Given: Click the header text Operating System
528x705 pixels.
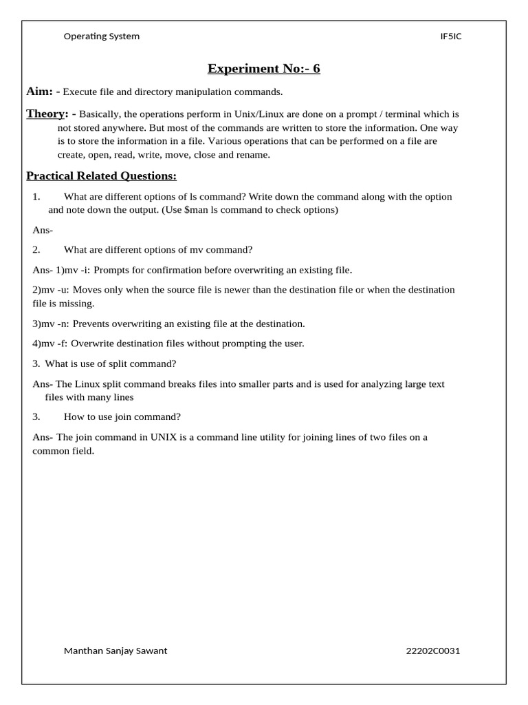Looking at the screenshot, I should (101, 36).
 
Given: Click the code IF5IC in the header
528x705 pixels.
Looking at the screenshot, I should (450, 36).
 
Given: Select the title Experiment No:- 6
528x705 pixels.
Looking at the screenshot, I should (264, 68).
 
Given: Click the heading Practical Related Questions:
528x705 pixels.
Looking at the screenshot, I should (101, 176).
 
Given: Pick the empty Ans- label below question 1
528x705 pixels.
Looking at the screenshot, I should (43, 230).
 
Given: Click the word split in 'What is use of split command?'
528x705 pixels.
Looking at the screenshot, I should (114, 364).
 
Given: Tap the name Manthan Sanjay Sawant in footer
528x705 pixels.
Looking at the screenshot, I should (115, 651).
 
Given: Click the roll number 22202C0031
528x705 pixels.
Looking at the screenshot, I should (433, 651).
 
